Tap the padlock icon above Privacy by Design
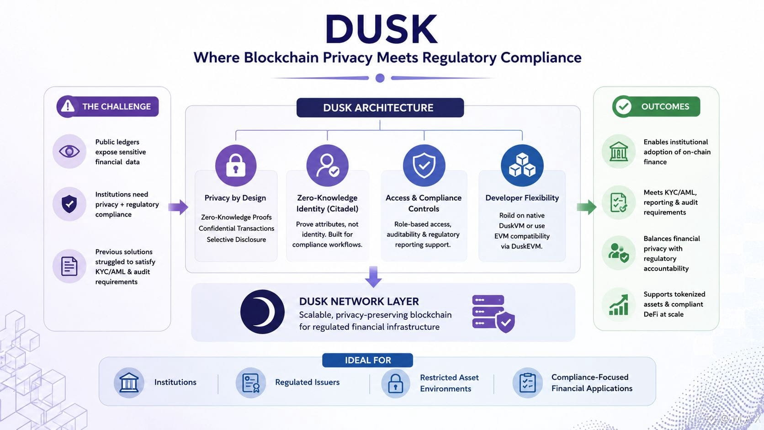click(x=236, y=165)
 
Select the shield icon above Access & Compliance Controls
click(x=424, y=165)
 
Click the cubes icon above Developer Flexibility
click(x=522, y=165)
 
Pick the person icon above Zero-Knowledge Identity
click(x=328, y=165)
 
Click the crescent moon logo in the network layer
click(x=262, y=312)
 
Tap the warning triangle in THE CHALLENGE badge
click(x=68, y=106)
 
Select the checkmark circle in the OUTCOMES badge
click(x=623, y=106)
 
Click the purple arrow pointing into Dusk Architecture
click(x=178, y=207)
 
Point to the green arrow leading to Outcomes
click(x=587, y=207)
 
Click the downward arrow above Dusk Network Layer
click(x=373, y=276)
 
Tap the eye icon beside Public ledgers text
click(x=69, y=151)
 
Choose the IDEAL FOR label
click(x=368, y=360)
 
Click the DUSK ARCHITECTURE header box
click(x=380, y=108)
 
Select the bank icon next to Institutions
click(x=128, y=382)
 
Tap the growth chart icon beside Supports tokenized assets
click(x=618, y=305)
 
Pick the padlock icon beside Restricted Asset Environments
click(x=396, y=383)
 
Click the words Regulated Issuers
click(x=308, y=382)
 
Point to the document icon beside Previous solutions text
click(x=69, y=266)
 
